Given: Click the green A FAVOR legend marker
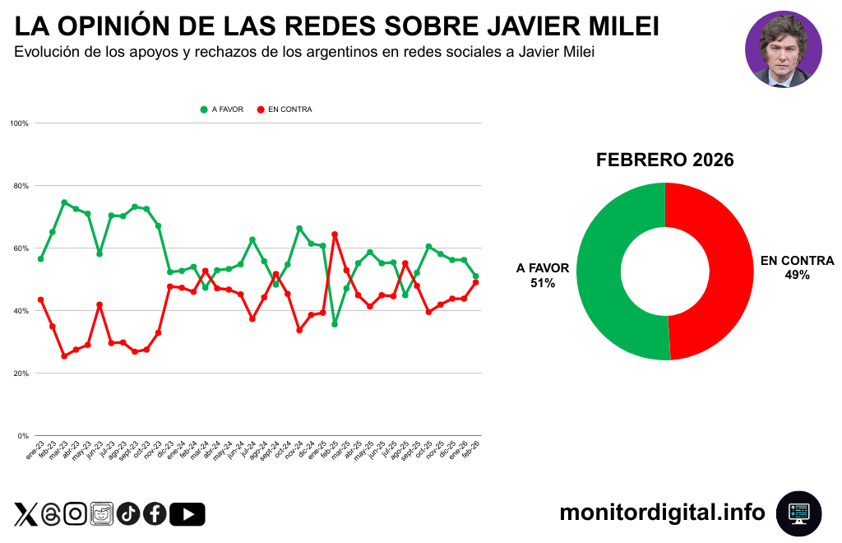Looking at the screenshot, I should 204,109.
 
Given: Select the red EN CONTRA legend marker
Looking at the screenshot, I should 261,109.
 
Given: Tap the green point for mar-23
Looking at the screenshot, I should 64,202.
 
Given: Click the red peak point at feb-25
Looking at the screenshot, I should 335,234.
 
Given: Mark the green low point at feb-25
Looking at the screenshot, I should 335,324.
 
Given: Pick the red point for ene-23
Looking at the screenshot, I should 40,299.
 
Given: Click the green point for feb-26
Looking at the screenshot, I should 476,276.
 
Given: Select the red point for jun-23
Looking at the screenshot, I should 99,304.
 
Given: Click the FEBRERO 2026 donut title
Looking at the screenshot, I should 664,160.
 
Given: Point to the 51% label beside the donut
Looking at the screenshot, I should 543,283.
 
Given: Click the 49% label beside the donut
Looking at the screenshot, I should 797,276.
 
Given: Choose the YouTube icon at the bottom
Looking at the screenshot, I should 187,514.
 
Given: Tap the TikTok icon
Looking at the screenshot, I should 128,514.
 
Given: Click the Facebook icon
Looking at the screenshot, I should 155,514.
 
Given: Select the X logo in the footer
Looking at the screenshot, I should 25,514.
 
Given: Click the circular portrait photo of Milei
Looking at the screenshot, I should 783,49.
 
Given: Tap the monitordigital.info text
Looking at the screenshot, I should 662,513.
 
